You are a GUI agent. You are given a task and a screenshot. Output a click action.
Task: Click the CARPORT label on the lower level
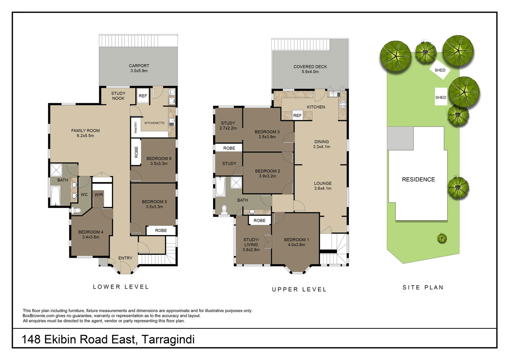coord(139,66)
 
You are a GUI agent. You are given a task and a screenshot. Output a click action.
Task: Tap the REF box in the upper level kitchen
coord(297,115)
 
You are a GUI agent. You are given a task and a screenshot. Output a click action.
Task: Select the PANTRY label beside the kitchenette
coord(136,127)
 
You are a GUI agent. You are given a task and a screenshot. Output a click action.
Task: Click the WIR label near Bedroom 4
coord(99,195)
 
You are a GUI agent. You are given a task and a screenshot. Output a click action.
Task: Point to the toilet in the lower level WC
coord(76,211)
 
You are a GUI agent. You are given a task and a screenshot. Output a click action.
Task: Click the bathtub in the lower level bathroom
coord(55,196)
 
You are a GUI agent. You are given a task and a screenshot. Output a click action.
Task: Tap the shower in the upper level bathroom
coord(236,183)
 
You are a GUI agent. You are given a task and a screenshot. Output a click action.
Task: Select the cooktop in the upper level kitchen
coord(343,104)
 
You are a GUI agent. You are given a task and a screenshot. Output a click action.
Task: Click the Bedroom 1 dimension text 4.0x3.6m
coord(297,245)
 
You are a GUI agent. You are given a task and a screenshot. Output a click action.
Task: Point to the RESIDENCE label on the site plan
coord(418,179)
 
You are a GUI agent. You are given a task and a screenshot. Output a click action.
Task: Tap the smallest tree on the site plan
coord(442,238)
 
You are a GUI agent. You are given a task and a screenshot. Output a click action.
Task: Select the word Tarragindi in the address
coord(168,340)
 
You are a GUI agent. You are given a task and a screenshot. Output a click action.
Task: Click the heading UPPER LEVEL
coord(299,289)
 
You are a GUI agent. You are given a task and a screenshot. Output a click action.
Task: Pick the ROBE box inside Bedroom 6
coord(136,152)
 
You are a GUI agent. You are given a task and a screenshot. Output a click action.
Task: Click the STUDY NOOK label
coord(118,96)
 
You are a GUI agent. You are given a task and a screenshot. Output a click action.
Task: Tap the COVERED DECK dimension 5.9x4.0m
coord(310,72)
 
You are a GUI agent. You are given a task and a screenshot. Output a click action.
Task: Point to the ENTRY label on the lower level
coord(125,258)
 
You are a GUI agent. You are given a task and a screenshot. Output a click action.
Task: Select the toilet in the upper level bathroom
coord(224,210)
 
